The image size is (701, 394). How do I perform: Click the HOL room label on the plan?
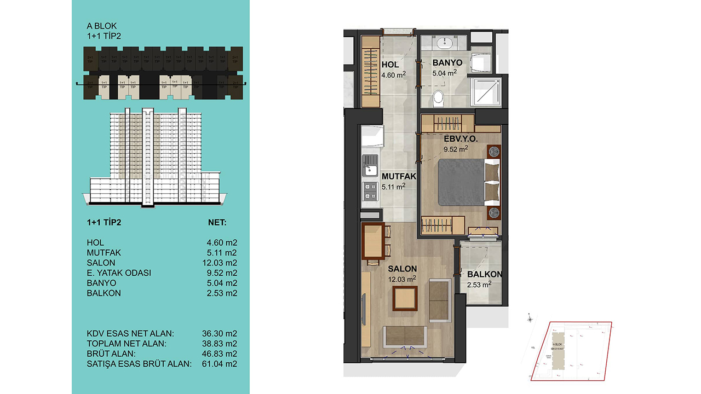pos(390,65)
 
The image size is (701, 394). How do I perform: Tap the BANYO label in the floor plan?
pos(447,63)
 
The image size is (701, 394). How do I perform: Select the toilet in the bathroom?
pos(438,99)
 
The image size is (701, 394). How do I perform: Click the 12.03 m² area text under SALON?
pos(403,279)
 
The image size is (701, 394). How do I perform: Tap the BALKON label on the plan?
pos(484,275)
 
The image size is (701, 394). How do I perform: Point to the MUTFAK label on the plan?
pos(399,177)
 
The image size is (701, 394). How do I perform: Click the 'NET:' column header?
pos(217,223)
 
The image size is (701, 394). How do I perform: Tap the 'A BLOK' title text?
pos(101,26)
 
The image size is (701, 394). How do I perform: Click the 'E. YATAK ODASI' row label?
pos(118,273)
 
